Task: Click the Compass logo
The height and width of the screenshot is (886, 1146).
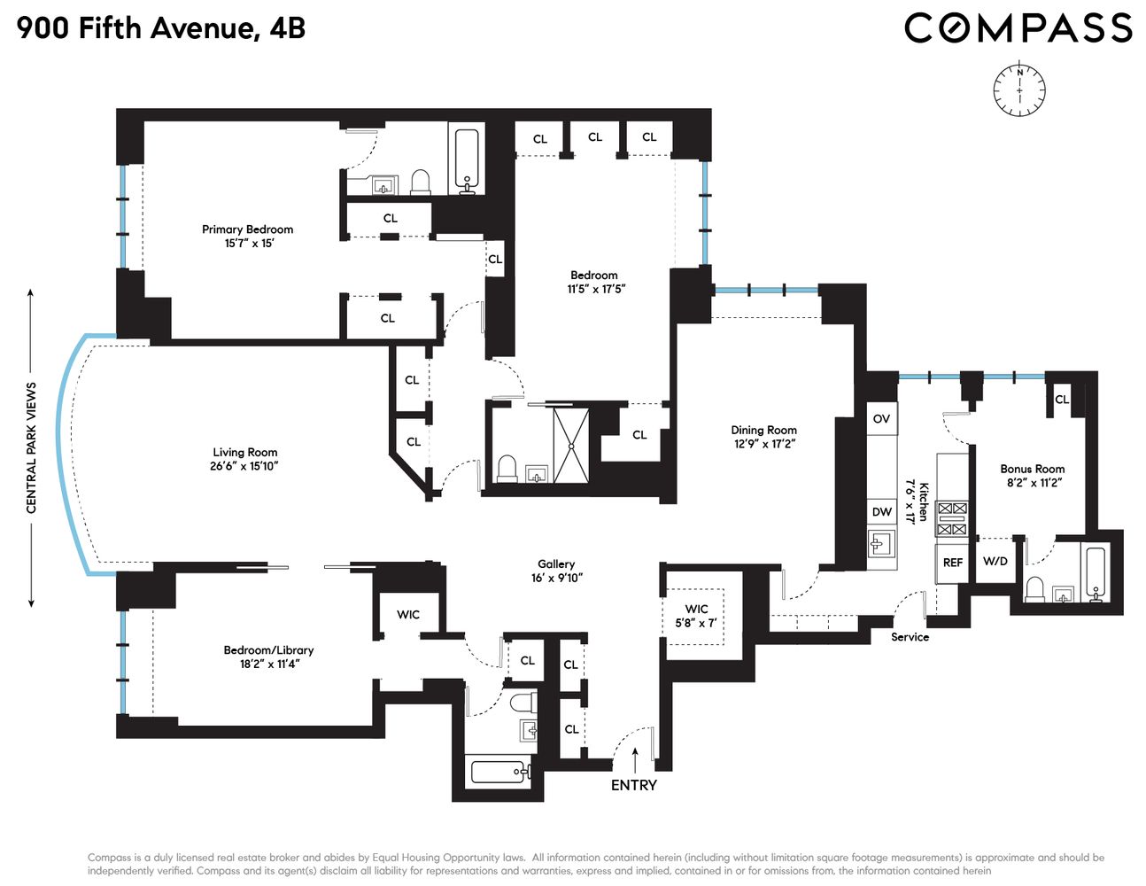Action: tap(1018, 27)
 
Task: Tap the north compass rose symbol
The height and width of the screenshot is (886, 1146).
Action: tap(1019, 89)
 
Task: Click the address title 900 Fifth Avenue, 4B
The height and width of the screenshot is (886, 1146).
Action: tap(161, 28)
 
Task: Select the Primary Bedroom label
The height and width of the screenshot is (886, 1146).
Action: tap(247, 229)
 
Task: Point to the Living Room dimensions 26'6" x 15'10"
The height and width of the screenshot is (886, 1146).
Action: tap(244, 466)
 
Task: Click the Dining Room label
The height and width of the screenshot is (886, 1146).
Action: tap(763, 430)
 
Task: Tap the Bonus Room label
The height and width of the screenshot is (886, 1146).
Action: tap(1032, 469)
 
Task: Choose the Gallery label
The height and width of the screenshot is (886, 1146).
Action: tap(556, 564)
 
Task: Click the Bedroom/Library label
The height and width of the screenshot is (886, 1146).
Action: tap(268, 650)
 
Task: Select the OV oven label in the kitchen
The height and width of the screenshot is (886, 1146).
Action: tap(881, 419)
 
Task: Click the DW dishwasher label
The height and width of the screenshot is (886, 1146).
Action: tap(882, 512)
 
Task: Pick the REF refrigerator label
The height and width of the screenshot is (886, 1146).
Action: tap(953, 563)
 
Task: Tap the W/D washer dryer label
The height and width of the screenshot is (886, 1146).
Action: tap(995, 562)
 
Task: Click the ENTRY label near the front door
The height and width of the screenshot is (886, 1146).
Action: tap(634, 785)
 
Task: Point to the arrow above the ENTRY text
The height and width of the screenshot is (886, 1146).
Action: tap(635, 758)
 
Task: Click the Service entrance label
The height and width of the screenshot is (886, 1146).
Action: tap(910, 637)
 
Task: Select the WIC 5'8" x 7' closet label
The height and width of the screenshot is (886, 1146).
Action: tap(696, 616)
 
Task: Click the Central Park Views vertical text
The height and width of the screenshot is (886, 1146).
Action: tap(32, 447)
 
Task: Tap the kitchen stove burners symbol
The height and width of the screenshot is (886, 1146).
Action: tap(952, 518)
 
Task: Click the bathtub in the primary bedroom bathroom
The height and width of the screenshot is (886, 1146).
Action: tap(467, 159)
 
